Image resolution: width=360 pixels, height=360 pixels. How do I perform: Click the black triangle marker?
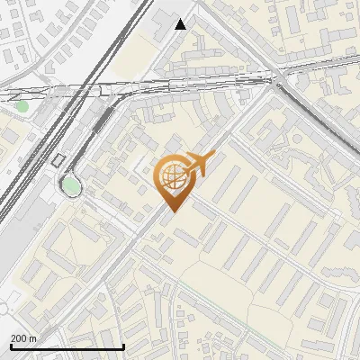(181, 24)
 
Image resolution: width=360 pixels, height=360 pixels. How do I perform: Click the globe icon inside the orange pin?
(171, 175)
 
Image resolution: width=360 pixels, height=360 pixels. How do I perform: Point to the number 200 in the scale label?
(20, 338)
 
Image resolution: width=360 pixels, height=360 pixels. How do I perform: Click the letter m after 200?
(33, 338)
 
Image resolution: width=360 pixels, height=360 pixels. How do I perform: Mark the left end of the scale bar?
(11, 346)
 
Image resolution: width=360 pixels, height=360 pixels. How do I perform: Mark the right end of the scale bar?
(123, 346)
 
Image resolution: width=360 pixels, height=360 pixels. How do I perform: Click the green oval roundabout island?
(69, 185)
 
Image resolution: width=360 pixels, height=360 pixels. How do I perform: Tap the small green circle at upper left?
(22, 106)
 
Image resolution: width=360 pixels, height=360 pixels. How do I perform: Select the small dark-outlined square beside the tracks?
(59, 160)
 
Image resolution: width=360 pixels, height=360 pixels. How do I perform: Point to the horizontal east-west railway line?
(180, 86)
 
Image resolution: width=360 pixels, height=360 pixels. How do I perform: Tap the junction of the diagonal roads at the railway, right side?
(274, 79)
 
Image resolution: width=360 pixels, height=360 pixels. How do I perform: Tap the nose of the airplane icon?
(213, 157)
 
